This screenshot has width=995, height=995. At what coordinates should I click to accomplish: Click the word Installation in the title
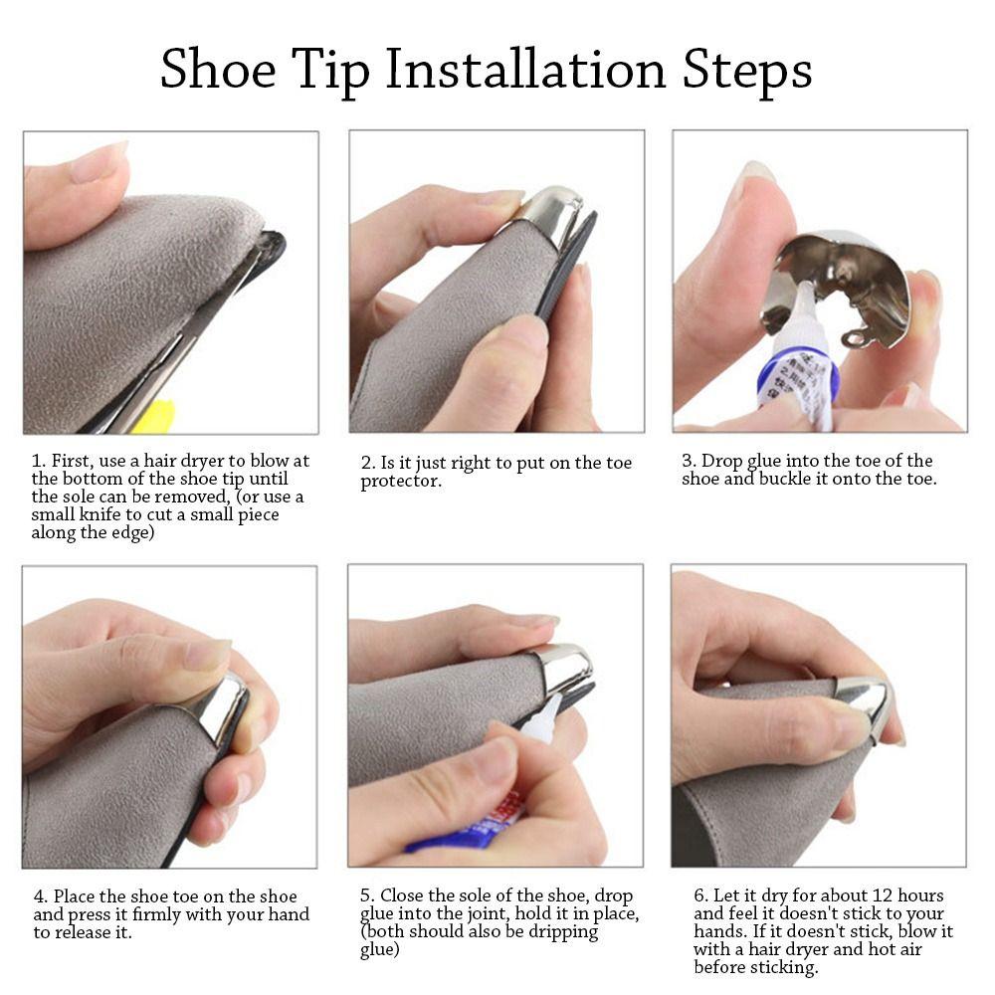(525, 69)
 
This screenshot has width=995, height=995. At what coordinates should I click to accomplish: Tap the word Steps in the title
(747, 71)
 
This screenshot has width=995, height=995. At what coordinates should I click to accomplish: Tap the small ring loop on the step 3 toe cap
(856, 339)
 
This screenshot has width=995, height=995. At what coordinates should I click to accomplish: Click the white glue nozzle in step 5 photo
(545, 717)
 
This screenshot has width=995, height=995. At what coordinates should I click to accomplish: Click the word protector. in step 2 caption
(401, 482)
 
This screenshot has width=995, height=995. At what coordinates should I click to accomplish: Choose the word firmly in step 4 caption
(155, 914)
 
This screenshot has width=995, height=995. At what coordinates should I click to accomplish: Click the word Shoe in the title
(218, 69)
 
